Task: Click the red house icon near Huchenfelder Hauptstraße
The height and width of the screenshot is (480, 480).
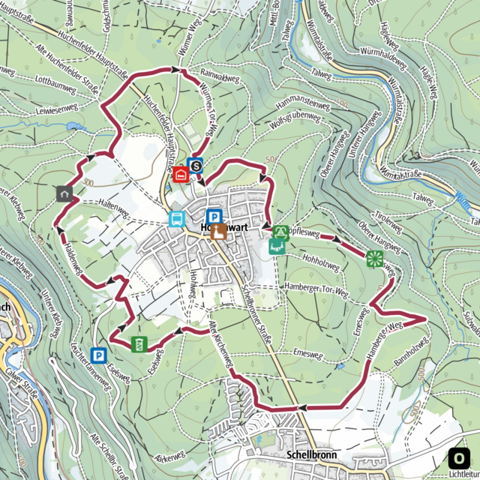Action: [x=181, y=174]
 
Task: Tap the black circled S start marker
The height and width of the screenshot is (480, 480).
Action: [x=196, y=165]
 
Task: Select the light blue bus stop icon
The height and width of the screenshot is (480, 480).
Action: [x=177, y=219]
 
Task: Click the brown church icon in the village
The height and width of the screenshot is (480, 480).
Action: [x=218, y=232]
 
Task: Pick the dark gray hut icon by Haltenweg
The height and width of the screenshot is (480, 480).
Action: [x=65, y=193]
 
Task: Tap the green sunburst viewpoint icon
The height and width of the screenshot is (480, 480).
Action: [x=374, y=259]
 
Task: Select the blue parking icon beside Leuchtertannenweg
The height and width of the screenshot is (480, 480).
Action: [x=98, y=355]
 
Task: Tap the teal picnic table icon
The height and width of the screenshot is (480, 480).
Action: [x=277, y=247]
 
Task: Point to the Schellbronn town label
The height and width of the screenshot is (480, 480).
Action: [x=308, y=455]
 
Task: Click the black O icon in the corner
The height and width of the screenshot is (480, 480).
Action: [x=459, y=457]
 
